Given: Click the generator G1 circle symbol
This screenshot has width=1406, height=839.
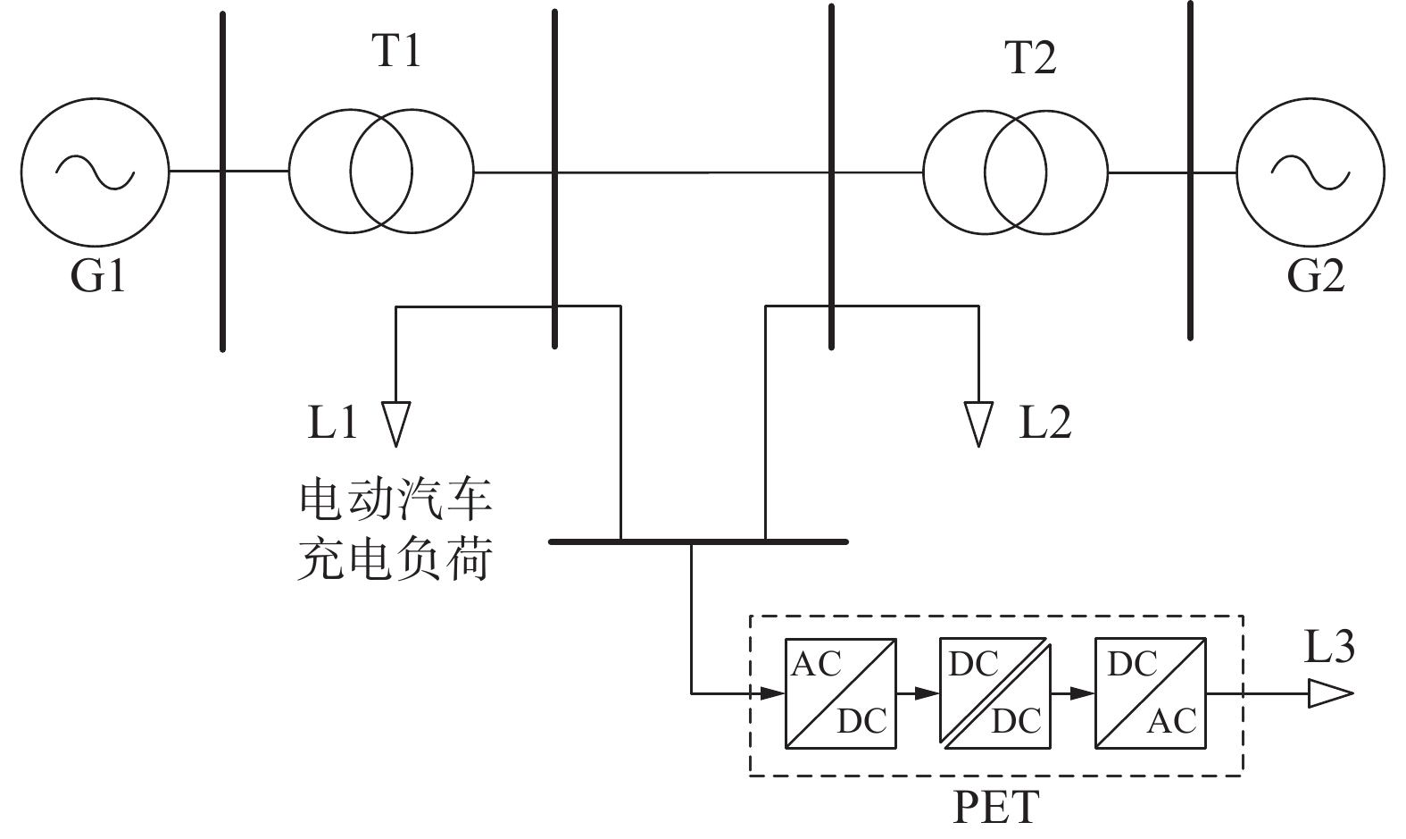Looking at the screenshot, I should (95, 170).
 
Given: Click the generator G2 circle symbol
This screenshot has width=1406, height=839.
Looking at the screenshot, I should (1310, 171).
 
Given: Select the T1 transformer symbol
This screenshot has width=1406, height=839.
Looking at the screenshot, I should (381, 171).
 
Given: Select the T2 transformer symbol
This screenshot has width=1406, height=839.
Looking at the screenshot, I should (1015, 172).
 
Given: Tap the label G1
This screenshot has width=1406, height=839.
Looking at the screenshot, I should (98, 276).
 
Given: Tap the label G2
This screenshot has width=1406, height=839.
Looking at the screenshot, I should (1315, 276).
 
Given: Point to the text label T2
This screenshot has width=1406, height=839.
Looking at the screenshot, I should (1030, 57).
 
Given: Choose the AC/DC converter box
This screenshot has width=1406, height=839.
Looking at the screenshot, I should (841, 692).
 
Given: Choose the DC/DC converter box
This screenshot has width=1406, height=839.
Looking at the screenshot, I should (995, 692).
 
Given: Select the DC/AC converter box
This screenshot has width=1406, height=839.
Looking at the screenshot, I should (1151, 692).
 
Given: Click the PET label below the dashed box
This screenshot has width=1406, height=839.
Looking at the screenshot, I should (996, 807).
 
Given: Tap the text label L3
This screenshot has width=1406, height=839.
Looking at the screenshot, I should (1329, 647).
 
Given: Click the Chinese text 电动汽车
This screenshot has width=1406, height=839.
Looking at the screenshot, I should (395, 500).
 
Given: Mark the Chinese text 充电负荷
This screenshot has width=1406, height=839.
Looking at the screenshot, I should (395, 561).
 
